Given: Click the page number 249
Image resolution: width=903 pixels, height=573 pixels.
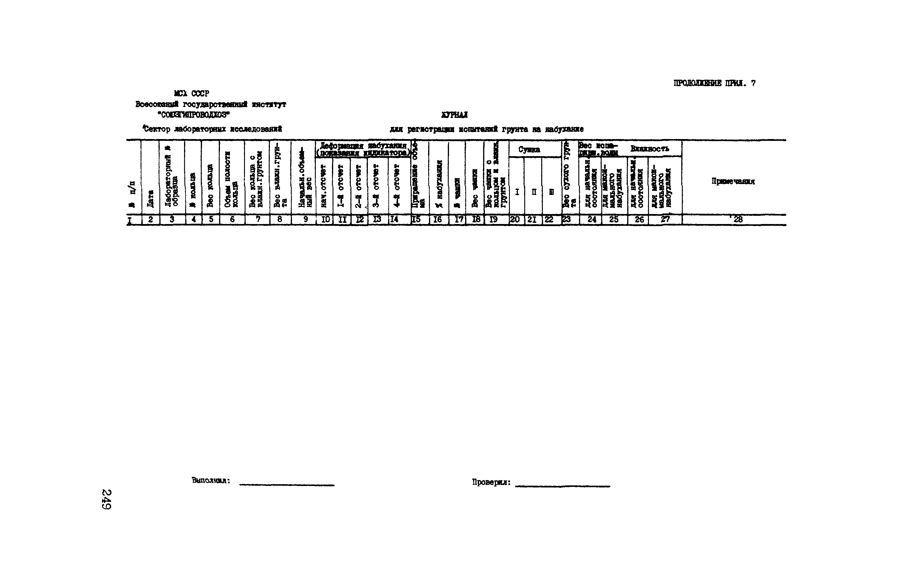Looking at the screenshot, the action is point(106,499).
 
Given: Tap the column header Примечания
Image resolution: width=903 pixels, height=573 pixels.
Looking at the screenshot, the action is point(733,181).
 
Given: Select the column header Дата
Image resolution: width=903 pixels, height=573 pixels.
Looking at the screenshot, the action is point(150,198).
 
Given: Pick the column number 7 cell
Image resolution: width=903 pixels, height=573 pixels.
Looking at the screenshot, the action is point(258,220).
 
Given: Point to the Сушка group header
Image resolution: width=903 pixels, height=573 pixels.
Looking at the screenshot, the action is point(529,150).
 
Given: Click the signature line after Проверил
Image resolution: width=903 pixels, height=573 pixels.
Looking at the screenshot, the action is point(563,486).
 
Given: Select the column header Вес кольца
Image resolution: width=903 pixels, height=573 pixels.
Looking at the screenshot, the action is point(210,185).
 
